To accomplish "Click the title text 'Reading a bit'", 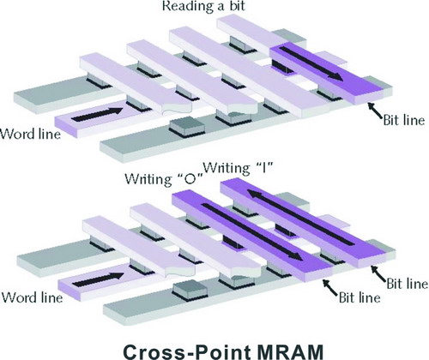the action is (x=203, y=6).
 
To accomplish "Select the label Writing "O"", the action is (x=164, y=179).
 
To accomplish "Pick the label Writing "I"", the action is (x=239, y=168).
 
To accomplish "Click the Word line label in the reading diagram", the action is (x=31, y=134).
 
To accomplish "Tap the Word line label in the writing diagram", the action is (x=33, y=297).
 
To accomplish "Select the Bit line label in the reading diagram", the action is (x=404, y=120).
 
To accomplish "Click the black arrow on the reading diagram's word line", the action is (x=97, y=114).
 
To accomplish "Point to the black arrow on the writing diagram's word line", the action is (x=99, y=279).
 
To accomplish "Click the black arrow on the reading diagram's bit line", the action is (x=311, y=63).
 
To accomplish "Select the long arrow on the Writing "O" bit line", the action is (x=252, y=231).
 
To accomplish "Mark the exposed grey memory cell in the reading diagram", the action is (x=186, y=126).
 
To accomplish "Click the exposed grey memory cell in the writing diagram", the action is (x=190, y=290).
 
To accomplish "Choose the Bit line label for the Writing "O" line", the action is (x=360, y=297).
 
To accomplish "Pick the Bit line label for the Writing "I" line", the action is (x=408, y=284).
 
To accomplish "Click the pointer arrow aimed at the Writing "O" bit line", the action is (x=329, y=287).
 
